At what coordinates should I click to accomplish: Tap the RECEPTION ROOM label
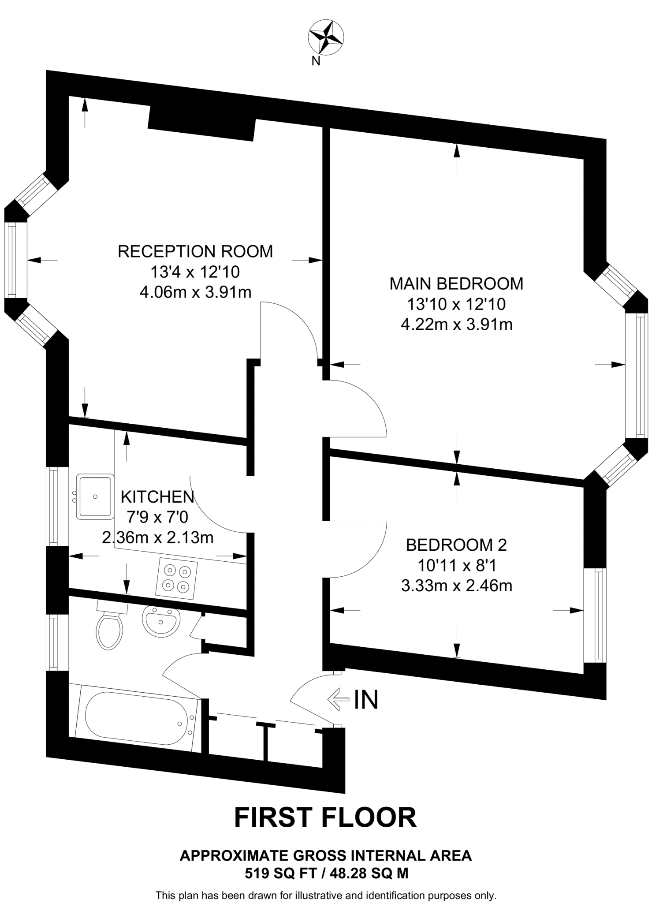[x=195, y=251]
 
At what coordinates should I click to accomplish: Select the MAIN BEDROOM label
[x=456, y=284]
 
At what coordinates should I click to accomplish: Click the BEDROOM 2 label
[x=456, y=545]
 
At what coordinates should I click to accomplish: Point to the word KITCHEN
[x=157, y=497]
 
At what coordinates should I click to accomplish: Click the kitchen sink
[x=95, y=496]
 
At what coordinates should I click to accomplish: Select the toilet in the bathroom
[x=109, y=627]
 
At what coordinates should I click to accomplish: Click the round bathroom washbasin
[x=161, y=621]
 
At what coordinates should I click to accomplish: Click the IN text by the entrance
[x=366, y=699]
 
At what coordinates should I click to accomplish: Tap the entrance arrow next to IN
[x=338, y=699]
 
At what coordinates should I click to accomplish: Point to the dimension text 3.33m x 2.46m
[x=456, y=586]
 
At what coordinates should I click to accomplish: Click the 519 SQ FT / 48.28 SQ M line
[x=326, y=873]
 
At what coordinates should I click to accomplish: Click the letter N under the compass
[x=316, y=62]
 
